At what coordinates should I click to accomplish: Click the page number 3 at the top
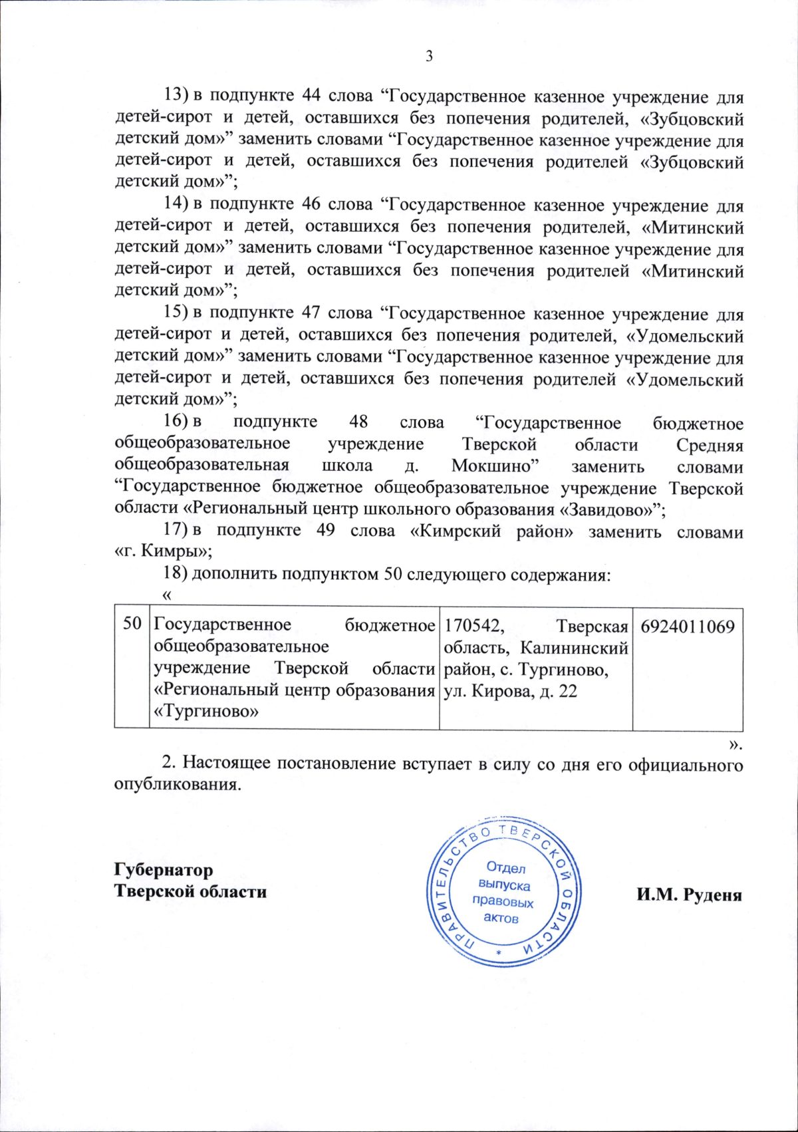(x=430, y=57)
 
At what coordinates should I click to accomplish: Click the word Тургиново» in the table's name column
(x=206, y=712)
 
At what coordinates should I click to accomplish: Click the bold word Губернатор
(x=164, y=870)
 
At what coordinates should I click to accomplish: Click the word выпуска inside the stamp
(x=504, y=885)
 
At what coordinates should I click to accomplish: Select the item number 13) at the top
(x=177, y=96)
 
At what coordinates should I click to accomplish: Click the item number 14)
(x=177, y=205)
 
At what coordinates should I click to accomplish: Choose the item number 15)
(x=177, y=313)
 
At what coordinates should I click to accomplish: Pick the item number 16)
(x=177, y=422)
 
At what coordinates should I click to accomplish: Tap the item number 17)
(x=177, y=531)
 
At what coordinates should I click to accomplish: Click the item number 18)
(x=177, y=574)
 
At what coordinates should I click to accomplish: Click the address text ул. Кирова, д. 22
(x=510, y=691)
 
